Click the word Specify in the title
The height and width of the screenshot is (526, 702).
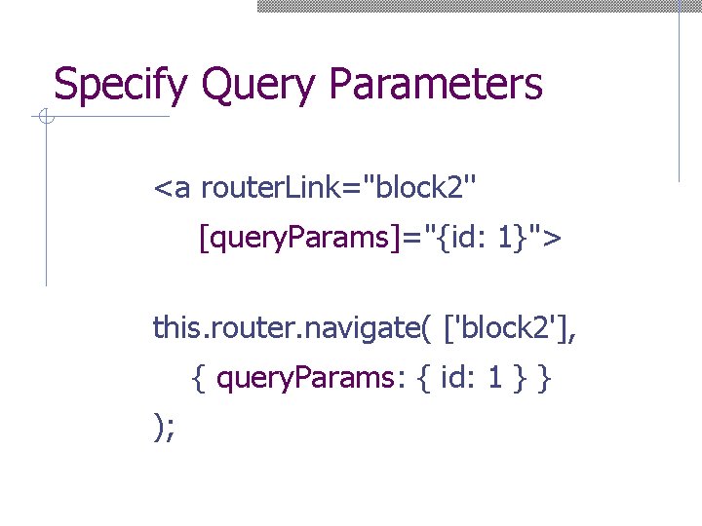[120, 85]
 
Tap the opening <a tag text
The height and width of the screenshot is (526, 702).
[172, 186]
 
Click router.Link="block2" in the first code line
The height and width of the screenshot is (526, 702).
[339, 186]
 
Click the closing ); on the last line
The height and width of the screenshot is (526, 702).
[164, 428]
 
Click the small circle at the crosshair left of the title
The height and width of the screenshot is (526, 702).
[44, 118]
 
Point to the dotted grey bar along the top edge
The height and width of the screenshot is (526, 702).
[478, 5]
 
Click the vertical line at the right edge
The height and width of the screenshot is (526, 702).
[679, 97]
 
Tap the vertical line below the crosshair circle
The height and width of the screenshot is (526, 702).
[45, 205]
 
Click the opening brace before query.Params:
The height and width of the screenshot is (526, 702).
[199, 379]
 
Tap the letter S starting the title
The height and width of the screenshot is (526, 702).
[64, 85]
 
